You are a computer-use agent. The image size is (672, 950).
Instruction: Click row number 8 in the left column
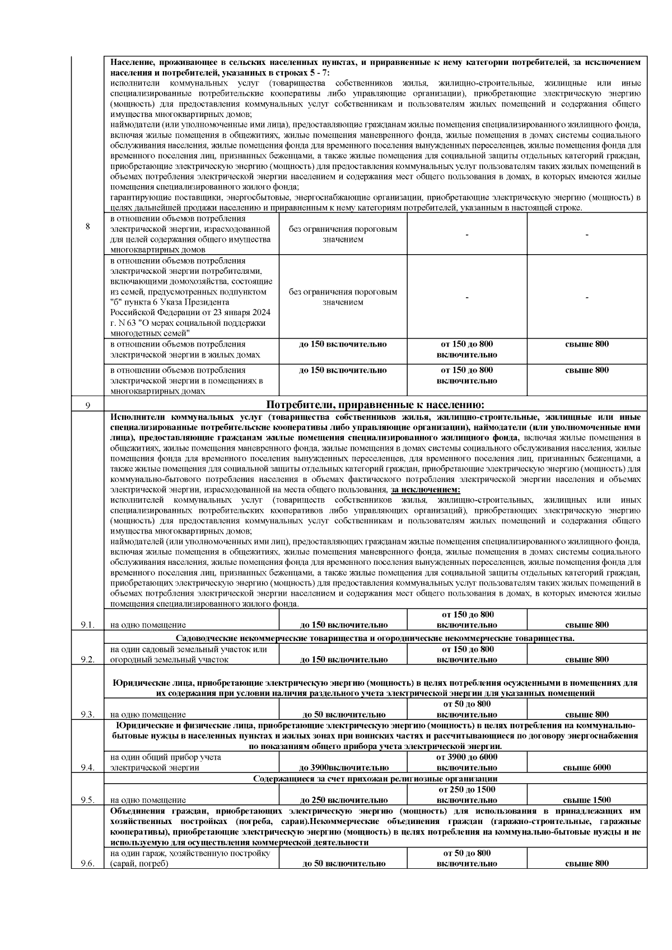tap(87, 227)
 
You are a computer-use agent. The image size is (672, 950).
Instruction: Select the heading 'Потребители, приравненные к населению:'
tap(375, 405)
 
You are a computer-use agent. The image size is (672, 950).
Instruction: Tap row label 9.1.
tap(87, 625)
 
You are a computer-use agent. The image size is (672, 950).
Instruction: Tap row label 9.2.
tap(87, 659)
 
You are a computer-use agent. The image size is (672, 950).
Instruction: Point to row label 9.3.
tap(87, 714)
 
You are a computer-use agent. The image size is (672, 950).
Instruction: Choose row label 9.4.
tap(87, 768)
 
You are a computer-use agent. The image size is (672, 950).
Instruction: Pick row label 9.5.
tap(87, 800)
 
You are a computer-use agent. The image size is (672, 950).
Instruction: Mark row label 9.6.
tap(87, 864)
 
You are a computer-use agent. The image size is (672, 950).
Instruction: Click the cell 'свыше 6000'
tap(586, 768)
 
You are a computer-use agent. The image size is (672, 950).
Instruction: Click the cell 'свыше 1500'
tap(586, 800)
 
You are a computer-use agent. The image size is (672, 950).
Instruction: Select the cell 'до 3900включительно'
tap(344, 768)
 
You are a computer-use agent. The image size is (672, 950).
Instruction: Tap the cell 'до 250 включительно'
tap(344, 800)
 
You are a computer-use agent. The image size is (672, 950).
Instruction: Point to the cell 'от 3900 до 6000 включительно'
tap(466, 762)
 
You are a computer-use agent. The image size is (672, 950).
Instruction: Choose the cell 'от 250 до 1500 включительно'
tap(466, 794)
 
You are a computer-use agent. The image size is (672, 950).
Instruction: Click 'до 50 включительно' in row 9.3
tap(344, 714)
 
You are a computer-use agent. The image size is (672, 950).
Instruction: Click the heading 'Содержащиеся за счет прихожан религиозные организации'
tap(375, 779)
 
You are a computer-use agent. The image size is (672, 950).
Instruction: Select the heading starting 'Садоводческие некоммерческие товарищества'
tap(375, 638)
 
